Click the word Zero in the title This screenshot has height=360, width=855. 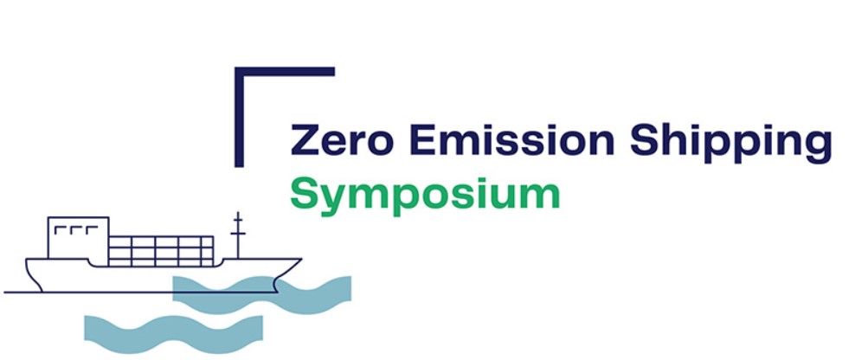pyautogui.click(x=341, y=140)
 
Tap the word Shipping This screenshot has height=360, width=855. pyautogui.click(x=730, y=143)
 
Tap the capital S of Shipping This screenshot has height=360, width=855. pyautogui.click(x=645, y=140)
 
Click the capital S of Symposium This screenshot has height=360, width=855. pyautogui.click(x=305, y=194)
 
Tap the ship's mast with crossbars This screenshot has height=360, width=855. pyautogui.click(x=238, y=235)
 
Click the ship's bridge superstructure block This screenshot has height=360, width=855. pyautogui.click(x=78, y=238)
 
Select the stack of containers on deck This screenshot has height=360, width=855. pyautogui.click(x=161, y=252)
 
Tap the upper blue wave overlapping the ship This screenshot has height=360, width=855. pyautogui.click(x=261, y=294)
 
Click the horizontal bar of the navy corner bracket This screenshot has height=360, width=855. pyautogui.click(x=285, y=72)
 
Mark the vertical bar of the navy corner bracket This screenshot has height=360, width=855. pyautogui.click(x=239, y=117)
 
